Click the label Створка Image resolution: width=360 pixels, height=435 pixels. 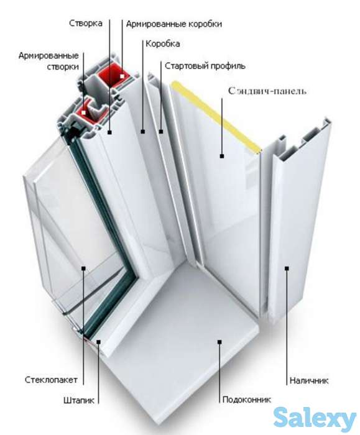pos(85,23)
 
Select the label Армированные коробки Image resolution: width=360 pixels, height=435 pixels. pos(174,24)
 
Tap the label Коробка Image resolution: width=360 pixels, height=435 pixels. pos(163,44)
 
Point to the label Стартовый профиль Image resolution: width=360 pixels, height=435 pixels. pos(205,66)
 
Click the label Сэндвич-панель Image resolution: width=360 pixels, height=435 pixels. pos(267,91)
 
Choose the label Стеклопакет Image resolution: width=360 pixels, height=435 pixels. pos(51,380)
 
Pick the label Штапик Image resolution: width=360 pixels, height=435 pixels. pos(78,400)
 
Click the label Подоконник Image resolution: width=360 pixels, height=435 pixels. pos(247,400)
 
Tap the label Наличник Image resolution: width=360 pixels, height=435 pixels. pos(309,380)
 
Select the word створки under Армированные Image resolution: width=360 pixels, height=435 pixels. pos(63,67)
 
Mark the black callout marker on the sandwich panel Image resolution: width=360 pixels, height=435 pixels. pos(222,156)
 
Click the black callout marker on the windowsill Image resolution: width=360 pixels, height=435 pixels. pos(219,342)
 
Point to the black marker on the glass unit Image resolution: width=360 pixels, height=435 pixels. pos(83,268)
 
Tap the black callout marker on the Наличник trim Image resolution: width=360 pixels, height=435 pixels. pos(287,268)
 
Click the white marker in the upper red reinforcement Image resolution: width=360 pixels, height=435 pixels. pos(122,76)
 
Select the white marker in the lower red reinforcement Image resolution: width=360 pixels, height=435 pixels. pos(83,112)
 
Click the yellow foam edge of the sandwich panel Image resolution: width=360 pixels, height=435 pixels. pos(216,117)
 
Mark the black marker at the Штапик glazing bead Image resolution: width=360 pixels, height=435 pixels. pos(98,342)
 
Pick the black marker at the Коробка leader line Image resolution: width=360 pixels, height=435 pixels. pos(142,132)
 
